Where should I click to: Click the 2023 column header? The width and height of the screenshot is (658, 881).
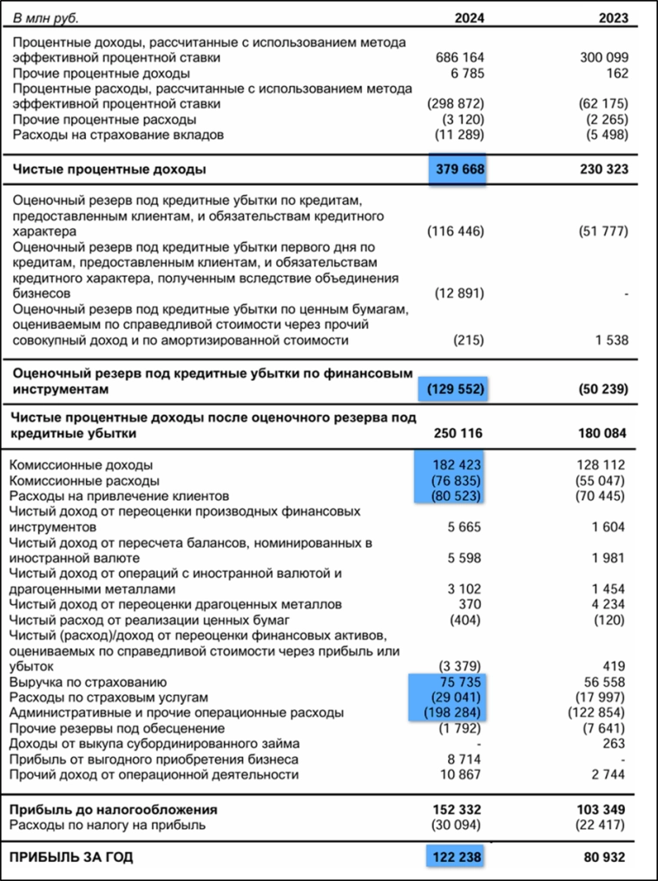[x=613, y=17]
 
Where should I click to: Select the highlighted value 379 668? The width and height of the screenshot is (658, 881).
[x=458, y=169]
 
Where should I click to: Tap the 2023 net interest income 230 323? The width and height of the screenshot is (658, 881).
[x=603, y=169]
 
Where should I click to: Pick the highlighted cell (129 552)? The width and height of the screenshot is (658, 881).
[x=454, y=388]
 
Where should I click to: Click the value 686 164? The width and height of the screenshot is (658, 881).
[x=459, y=57]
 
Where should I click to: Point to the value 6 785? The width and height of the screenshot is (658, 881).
[x=465, y=73]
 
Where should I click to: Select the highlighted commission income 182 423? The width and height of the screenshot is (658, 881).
[x=458, y=464]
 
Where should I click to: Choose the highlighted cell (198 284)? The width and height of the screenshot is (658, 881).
[x=454, y=713]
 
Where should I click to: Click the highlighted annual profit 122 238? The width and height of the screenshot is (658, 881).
[x=457, y=857]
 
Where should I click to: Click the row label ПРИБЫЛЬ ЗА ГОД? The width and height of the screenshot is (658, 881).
[x=71, y=857]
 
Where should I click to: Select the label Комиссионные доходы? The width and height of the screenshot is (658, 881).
[x=82, y=464]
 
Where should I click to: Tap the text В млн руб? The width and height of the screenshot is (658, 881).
[x=51, y=17]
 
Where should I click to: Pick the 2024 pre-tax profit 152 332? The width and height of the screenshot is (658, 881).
[x=458, y=809]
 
